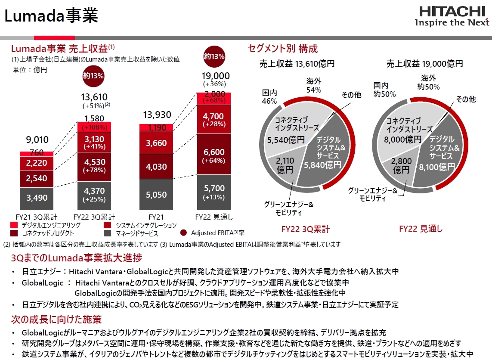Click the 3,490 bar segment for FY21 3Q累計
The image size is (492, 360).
[x=37, y=198]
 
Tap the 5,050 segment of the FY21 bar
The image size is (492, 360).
[x=156, y=194]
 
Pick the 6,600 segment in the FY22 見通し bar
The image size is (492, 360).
[x=214, y=156]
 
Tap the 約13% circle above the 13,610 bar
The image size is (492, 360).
[x=93, y=76]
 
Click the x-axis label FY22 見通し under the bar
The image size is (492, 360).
[x=214, y=217]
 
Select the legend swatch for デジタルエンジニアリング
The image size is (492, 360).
[x=14, y=225]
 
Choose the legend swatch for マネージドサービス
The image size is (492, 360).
[x=108, y=233]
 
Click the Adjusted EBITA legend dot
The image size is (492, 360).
[x=183, y=233]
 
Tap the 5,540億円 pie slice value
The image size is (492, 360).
[x=286, y=140]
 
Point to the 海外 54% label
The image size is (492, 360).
[x=314, y=85]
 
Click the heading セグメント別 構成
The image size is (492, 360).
[x=283, y=48]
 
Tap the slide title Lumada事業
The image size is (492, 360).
[x=51, y=16]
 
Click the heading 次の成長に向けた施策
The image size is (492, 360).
[x=56, y=320]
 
